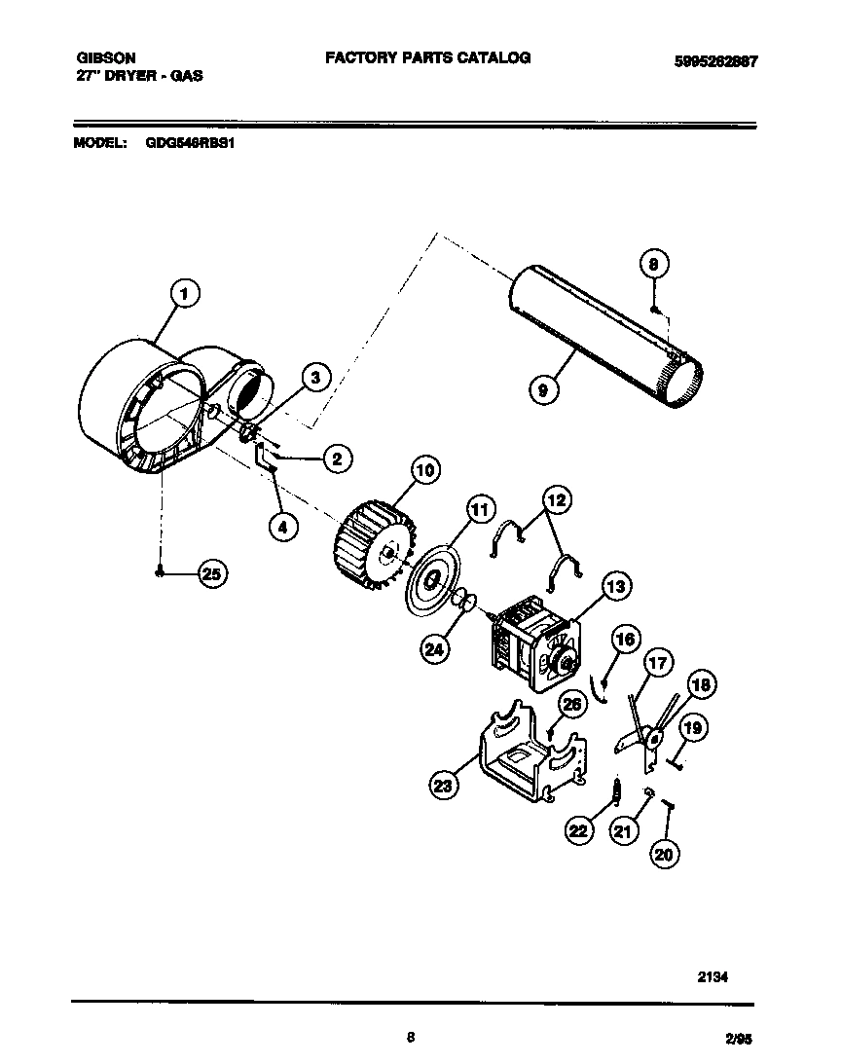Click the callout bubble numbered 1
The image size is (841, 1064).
185,292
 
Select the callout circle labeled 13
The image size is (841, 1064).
615,586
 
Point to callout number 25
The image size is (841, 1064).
211,574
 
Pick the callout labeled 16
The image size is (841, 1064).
626,640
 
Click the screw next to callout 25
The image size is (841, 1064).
159,575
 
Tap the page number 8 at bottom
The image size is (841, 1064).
411,1038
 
